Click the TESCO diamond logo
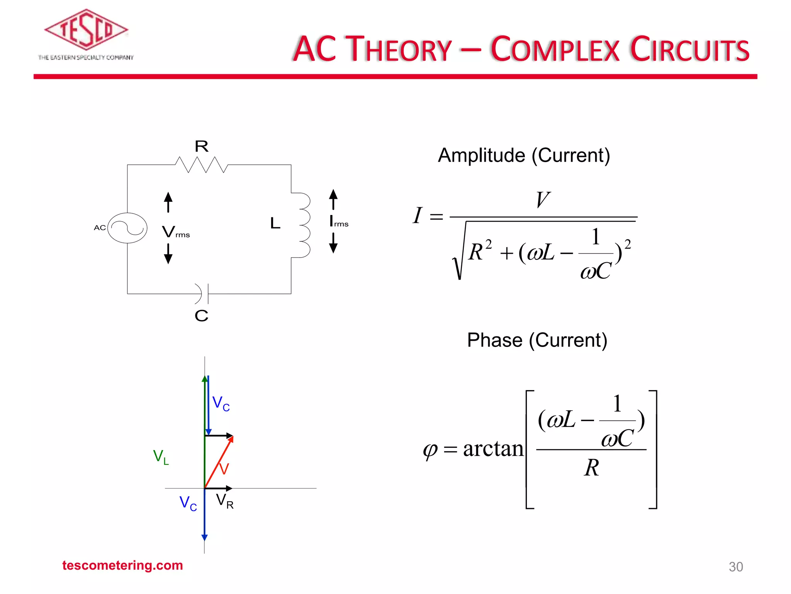point(86,30)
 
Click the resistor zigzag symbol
point(201,165)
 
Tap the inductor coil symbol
point(304,225)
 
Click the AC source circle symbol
point(127,228)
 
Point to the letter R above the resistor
point(201,147)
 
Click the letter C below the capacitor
point(201,316)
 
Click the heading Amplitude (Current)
point(524,155)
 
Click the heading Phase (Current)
point(537,340)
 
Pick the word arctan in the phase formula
point(493,449)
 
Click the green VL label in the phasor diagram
point(161,457)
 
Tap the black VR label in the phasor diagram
point(224,501)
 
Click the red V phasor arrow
point(219,462)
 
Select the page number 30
point(735,567)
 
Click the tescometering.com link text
point(122,565)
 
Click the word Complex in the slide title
point(555,49)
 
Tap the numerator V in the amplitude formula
point(543,200)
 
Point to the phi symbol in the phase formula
point(430,450)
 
